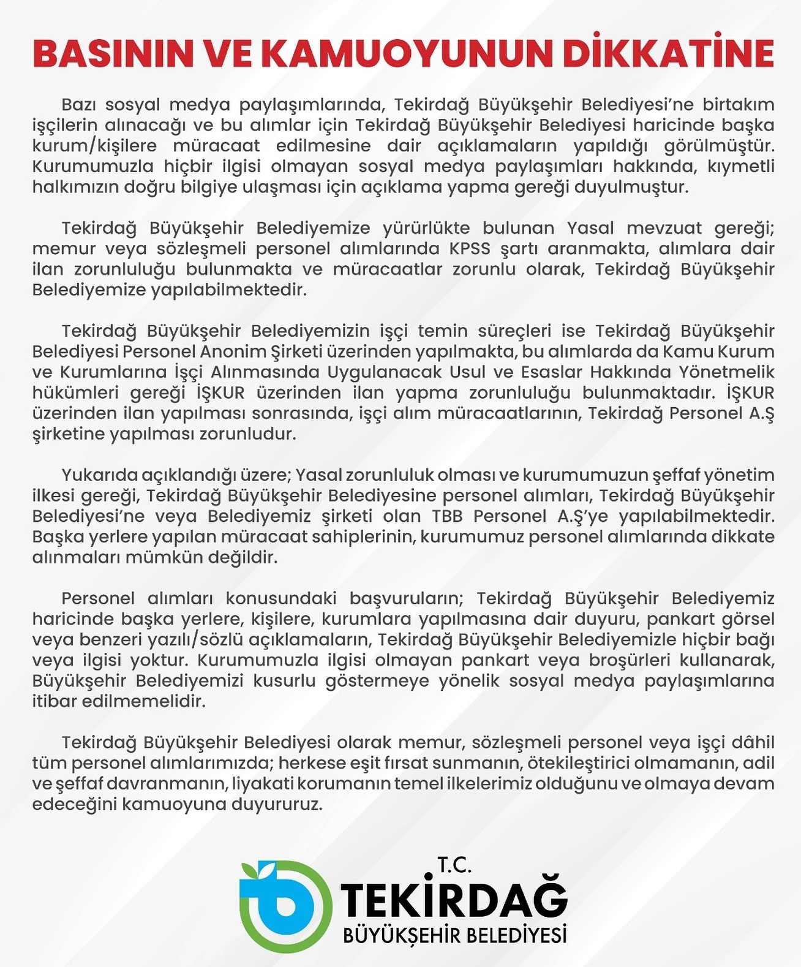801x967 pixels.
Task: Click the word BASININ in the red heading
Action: click(x=113, y=54)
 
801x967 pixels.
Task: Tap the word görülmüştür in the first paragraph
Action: click(x=719, y=146)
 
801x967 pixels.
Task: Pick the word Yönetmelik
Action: click(x=726, y=372)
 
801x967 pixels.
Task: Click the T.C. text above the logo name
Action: click(x=454, y=864)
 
